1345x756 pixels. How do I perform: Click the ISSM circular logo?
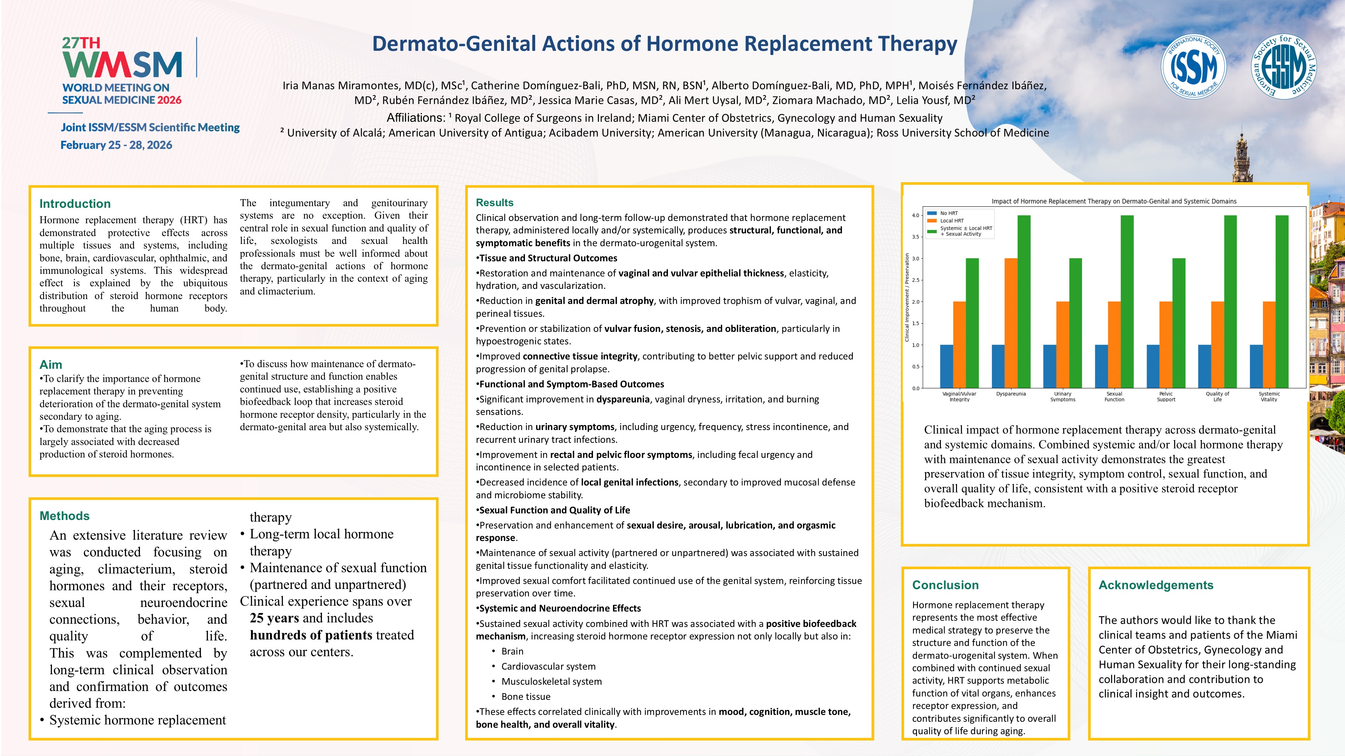pos(1193,66)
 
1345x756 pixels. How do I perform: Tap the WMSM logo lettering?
pos(122,65)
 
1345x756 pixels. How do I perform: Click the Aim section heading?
pos(51,364)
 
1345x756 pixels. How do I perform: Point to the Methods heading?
pos(64,515)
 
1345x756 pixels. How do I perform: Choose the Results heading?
pos(494,203)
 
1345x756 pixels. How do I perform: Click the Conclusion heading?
pos(945,585)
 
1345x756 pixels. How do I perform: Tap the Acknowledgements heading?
pos(1155,585)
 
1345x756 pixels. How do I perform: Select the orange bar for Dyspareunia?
pos(1011,323)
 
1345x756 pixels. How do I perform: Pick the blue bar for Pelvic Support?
pos(1153,366)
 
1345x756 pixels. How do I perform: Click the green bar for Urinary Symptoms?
pos(1076,323)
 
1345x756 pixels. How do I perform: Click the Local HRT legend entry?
pos(952,221)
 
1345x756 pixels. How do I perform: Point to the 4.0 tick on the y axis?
pos(915,215)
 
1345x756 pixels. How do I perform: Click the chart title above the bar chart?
pos(1114,201)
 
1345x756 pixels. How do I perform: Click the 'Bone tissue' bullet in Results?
pos(526,697)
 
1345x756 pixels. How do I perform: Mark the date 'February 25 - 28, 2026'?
pos(116,145)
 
